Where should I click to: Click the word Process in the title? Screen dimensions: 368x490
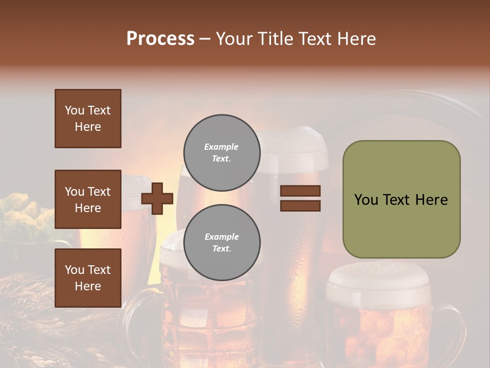[160, 39]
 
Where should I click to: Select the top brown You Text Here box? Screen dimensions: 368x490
[88, 119]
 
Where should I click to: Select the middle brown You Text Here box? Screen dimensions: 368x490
[88, 199]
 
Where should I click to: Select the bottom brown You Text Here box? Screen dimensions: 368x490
[88, 278]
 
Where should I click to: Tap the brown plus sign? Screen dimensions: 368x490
[157, 198]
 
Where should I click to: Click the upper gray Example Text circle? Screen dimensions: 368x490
[222, 152]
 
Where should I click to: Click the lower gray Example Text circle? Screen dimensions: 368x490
[222, 242]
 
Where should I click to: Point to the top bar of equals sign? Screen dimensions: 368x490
[300, 191]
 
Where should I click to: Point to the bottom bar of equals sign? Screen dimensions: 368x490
[300, 205]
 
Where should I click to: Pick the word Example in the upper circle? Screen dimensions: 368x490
[222, 147]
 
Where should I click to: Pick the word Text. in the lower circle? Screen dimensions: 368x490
[222, 248]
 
